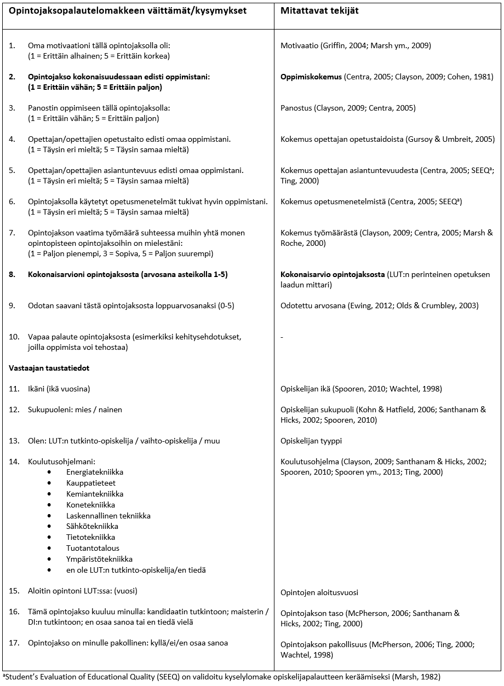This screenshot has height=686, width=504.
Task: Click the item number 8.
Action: click(x=12, y=274)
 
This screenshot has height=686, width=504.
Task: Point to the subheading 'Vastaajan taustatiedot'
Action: click(x=49, y=368)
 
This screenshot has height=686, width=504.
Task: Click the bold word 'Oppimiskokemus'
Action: click(x=311, y=77)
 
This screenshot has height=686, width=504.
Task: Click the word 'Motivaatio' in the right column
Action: click(x=300, y=45)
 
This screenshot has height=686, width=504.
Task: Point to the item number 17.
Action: click(x=14, y=643)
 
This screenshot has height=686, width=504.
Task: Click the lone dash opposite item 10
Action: click(x=282, y=337)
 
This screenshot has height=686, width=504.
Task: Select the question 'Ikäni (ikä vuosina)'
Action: click(x=59, y=389)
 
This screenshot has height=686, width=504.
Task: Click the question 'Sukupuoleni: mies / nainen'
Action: click(x=75, y=410)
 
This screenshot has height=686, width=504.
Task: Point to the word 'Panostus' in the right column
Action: click(x=296, y=108)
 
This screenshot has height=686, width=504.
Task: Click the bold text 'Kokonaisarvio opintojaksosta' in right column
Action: click(x=333, y=274)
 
